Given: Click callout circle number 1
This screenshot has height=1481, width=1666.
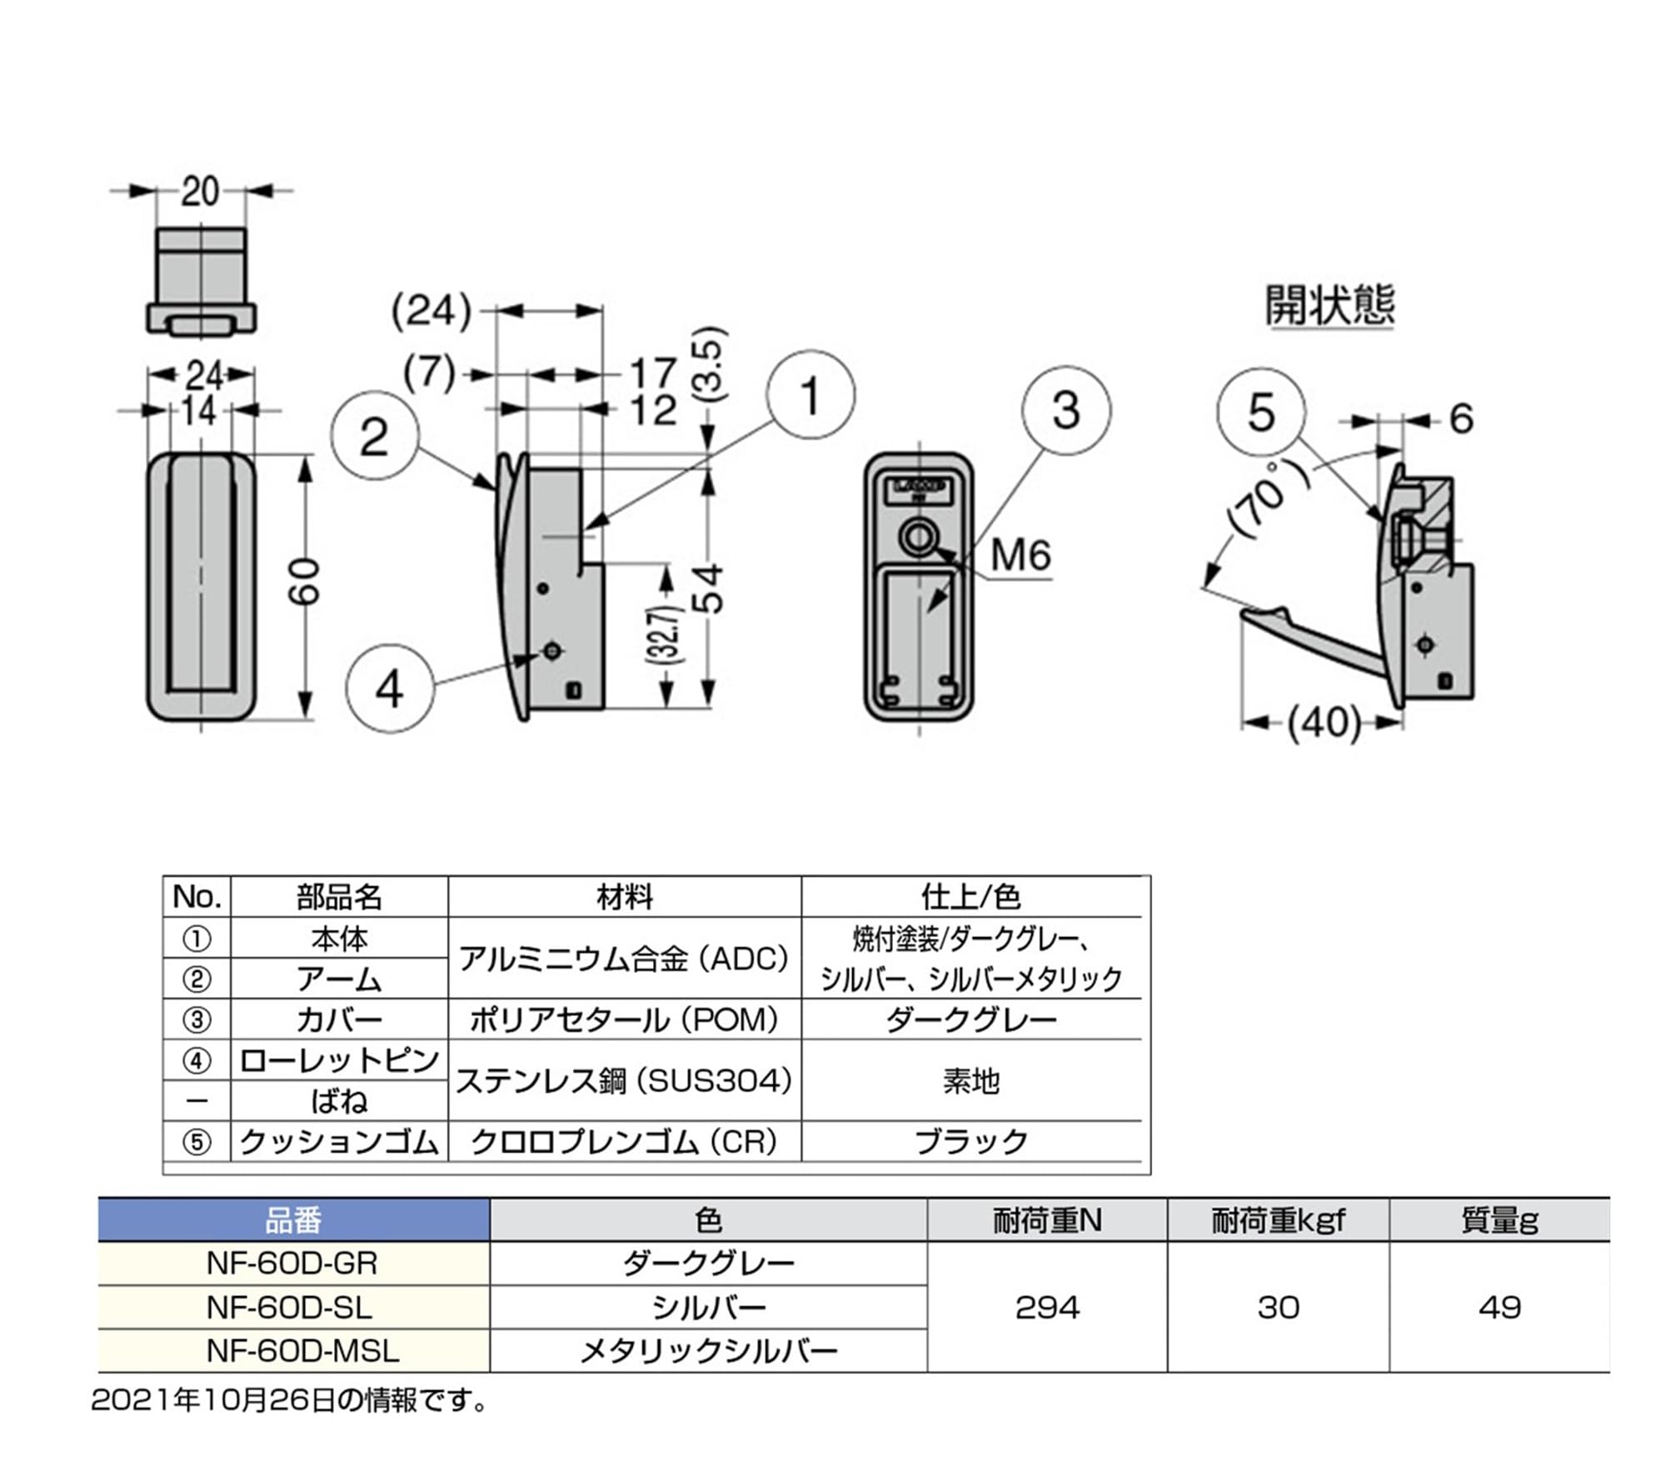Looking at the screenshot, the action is [x=810, y=395].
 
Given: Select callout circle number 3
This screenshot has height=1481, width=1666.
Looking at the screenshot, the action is [x=1066, y=410].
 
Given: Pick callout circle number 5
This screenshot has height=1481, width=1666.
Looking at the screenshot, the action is [x=1261, y=411].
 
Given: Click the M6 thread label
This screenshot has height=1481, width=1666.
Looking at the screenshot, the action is [x=1021, y=555].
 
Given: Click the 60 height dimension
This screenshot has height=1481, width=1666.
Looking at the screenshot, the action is [x=305, y=581].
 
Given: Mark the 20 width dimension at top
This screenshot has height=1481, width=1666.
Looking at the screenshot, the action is [x=200, y=192].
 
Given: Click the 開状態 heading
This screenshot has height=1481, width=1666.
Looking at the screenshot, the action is [x=1330, y=305].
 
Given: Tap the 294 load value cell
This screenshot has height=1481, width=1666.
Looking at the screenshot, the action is [x=1047, y=1307].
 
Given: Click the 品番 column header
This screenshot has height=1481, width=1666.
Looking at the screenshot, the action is [x=293, y=1220].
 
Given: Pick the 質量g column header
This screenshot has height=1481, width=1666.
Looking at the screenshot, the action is [x=1499, y=1220].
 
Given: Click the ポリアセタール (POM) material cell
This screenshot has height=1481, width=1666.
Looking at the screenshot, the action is [x=625, y=1020].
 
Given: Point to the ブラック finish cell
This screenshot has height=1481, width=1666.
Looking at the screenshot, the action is [x=971, y=1141].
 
